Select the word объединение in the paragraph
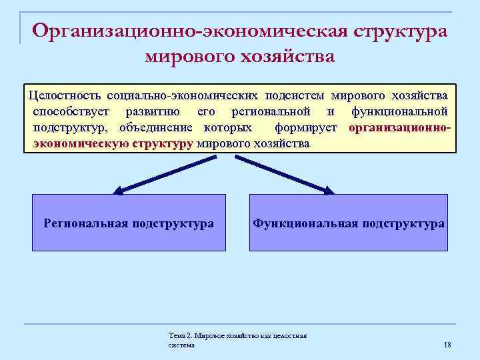(157, 127)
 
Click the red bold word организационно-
(399, 127)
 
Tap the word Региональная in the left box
(85, 223)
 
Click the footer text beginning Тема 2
(237, 340)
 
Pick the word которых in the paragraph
(228, 127)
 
